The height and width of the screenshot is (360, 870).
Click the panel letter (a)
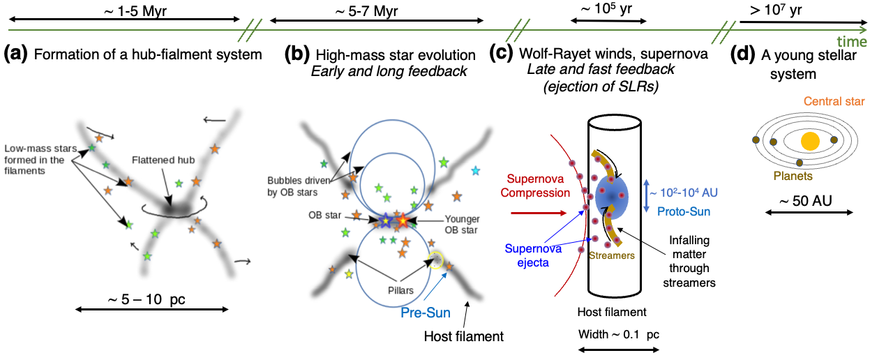tap(17, 54)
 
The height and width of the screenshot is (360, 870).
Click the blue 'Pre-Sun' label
tap(424, 312)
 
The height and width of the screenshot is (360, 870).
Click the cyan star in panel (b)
tap(476, 170)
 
